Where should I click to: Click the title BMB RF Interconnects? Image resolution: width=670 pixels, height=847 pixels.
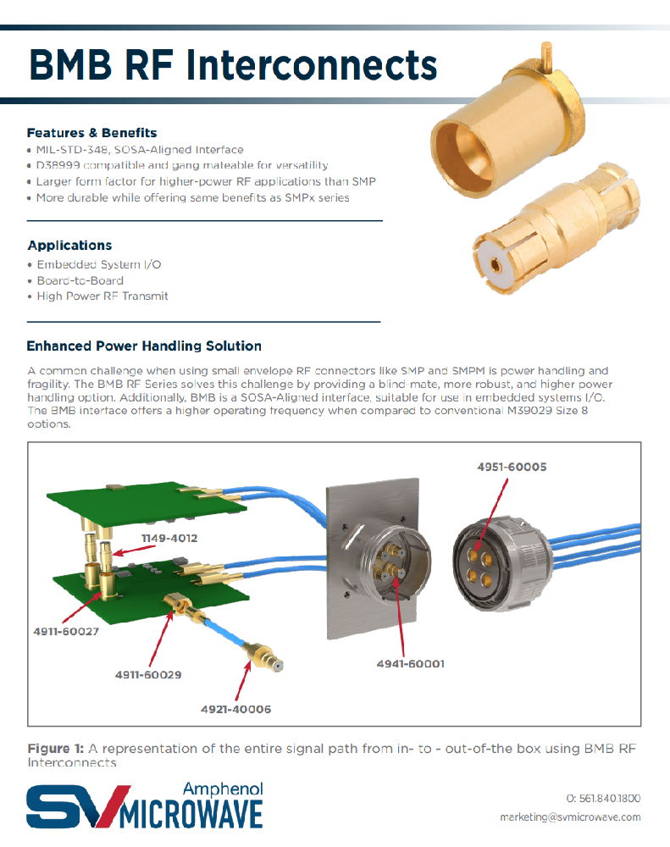(x=232, y=64)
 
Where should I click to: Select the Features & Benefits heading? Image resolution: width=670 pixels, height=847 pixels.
(x=91, y=133)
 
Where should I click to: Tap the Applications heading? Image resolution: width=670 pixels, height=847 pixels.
(x=69, y=246)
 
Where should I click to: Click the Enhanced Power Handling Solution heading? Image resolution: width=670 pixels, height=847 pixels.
(x=144, y=346)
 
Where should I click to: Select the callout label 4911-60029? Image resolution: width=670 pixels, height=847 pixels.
(x=148, y=675)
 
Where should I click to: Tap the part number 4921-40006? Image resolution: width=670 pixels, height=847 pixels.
(x=235, y=709)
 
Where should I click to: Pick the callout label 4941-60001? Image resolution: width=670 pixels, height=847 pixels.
(x=410, y=664)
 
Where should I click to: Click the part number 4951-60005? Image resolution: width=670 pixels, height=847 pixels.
(x=512, y=467)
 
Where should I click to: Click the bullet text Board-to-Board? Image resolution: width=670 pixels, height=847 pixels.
(x=80, y=280)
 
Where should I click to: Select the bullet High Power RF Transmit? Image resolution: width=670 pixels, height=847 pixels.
(x=102, y=296)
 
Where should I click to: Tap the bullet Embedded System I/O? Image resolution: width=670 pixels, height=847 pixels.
(x=98, y=264)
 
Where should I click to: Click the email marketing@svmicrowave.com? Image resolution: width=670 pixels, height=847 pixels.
(x=570, y=817)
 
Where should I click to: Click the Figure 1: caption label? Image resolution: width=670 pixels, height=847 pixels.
(x=56, y=749)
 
